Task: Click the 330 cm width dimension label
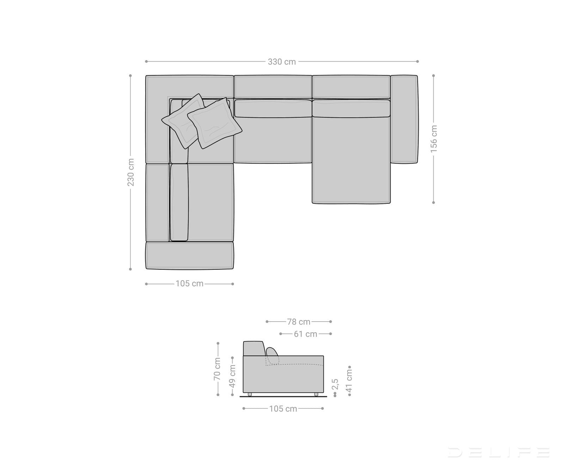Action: click(282, 62)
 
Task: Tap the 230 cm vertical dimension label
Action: click(130, 172)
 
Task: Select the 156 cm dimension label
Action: click(434, 139)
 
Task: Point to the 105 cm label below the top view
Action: click(190, 284)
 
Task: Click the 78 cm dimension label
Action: click(299, 322)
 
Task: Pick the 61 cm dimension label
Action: click(305, 334)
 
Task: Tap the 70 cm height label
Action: click(217, 369)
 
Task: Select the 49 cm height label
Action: click(232, 376)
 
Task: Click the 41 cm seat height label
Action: click(349, 381)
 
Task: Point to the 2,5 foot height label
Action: click(335, 384)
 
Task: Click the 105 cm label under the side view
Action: click(283, 409)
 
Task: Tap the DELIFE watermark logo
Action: click(498, 452)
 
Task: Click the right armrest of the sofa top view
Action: click(404, 119)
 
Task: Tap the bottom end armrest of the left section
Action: click(190, 256)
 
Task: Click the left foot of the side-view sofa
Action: click(250, 394)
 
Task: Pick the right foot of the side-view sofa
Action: click(316, 394)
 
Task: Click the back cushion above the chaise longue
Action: click(351, 108)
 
